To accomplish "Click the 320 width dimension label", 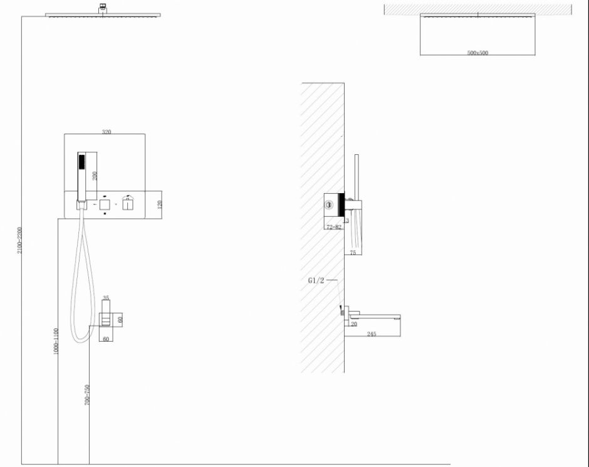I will tap(106, 132).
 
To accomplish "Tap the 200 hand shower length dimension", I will tap(95, 176).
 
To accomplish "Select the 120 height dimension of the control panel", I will tap(159, 204).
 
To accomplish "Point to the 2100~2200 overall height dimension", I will tap(19, 240).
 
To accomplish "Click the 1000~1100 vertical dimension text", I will tap(56, 342).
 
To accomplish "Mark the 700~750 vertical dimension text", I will tap(87, 395).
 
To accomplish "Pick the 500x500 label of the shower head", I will tap(477, 53).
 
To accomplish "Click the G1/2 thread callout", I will tap(316, 281).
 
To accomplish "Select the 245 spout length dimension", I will tap(372, 334).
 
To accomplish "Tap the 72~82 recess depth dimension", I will tap(334, 227).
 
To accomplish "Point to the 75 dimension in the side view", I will tap(352, 253).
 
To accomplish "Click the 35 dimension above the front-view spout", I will tap(106, 298).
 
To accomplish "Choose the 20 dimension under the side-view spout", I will tap(353, 324).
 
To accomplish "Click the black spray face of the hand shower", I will tap(80, 161).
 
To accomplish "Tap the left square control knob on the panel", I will tap(105, 205).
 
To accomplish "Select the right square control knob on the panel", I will tap(128, 205).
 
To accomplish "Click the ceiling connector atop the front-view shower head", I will tap(102, 8).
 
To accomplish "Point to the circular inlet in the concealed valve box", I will tap(329, 203).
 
